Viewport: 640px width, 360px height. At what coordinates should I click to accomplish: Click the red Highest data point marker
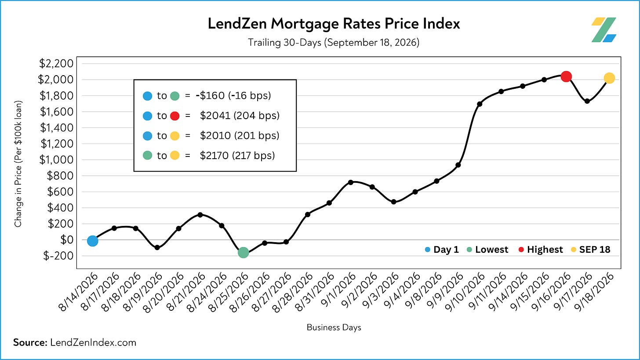point(566,76)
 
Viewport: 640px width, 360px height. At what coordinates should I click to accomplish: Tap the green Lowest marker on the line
point(243,253)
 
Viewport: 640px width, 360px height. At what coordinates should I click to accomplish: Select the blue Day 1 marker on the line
point(93,241)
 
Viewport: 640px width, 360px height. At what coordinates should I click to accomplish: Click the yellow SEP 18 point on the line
point(609,78)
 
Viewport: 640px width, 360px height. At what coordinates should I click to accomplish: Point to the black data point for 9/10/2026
point(480,104)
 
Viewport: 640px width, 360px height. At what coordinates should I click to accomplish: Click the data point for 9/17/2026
point(587,101)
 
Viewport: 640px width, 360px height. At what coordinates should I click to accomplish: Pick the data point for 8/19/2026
point(157,247)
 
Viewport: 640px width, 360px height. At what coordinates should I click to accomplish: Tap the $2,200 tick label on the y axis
point(56,63)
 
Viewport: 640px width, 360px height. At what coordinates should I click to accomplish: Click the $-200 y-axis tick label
point(58,256)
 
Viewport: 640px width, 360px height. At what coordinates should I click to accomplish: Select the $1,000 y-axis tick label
point(56,160)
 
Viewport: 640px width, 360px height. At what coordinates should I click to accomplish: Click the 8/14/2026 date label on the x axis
point(78,292)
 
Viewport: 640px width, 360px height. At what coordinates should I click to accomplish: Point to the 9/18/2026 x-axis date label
point(594,292)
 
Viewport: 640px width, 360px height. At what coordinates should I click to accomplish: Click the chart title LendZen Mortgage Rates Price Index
point(334,23)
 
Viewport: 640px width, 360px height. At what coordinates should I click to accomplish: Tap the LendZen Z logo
point(604,30)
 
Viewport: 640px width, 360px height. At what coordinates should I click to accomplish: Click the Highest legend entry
point(541,250)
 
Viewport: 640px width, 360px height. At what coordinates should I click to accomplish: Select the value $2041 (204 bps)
point(240,116)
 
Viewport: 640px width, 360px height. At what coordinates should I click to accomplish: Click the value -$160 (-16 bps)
point(233,96)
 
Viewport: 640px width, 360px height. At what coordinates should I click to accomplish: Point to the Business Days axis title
point(334,327)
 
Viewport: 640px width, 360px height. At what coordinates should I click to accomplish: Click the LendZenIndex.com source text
point(93,342)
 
